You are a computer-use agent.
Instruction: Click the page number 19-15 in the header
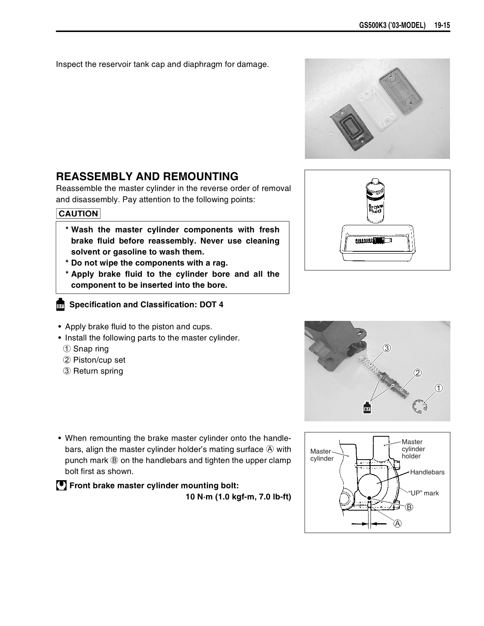[442, 26]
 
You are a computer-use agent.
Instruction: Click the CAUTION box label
[78, 213]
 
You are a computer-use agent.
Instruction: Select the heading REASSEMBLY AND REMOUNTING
[147, 176]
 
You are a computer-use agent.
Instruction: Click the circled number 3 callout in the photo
[386, 348]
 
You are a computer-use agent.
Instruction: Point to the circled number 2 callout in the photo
[418, 372]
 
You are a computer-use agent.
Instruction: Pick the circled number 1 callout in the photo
[439, 388]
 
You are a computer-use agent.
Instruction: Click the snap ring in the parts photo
[420, 407]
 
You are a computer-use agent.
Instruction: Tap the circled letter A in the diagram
[397, 523]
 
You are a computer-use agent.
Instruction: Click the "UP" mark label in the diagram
[423, 493]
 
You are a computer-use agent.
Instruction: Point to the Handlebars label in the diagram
[427, 472]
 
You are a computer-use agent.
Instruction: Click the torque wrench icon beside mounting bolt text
[61, 486]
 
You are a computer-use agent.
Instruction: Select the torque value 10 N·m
[200, 497]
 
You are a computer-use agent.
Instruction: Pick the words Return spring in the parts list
[98, 371]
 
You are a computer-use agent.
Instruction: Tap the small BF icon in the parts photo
[367, 408]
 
